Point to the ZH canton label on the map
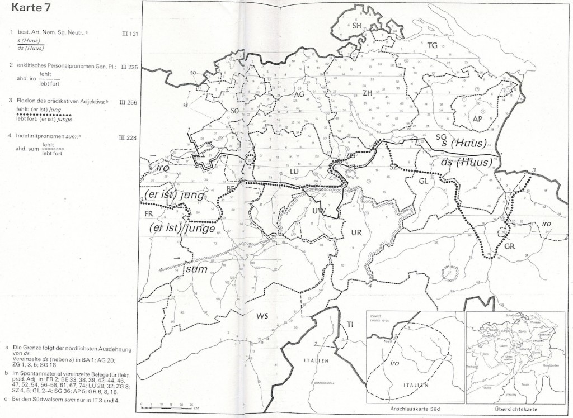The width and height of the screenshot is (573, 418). tap(368, 92)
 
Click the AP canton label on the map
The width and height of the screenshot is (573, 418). tap(477, 118)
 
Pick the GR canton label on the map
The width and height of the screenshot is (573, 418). tap(509, 246)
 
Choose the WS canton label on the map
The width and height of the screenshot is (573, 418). tap(263, 316)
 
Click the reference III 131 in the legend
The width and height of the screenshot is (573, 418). tap(129, 34)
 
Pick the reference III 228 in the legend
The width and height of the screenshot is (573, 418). tap(129, 136)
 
